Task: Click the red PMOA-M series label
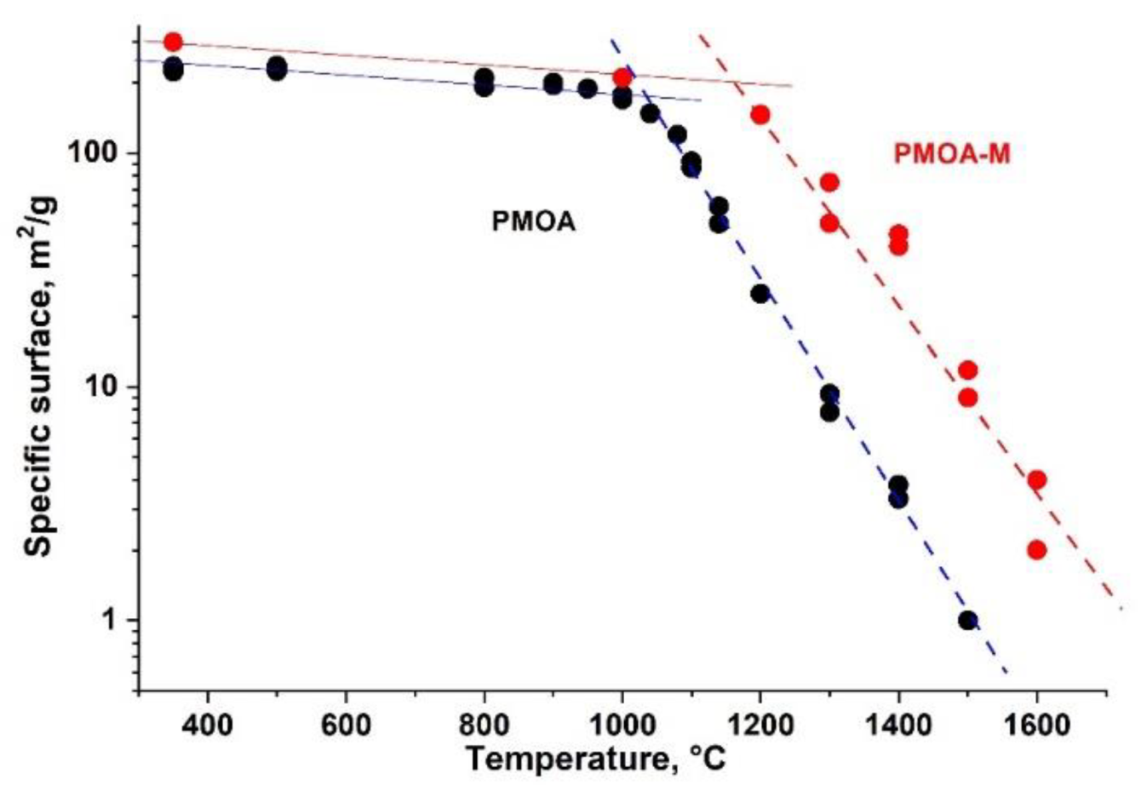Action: point(951,155)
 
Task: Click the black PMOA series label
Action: point(533,223)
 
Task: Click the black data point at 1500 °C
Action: point(967,620)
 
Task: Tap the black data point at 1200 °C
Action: point(760,294)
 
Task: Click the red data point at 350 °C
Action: point(173,42)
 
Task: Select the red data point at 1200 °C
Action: point(760,114)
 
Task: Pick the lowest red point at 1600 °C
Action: point(1036,549)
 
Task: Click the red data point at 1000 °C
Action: point(622,77)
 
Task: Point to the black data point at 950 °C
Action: point(588,89)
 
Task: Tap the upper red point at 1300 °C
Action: point(829,182)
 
